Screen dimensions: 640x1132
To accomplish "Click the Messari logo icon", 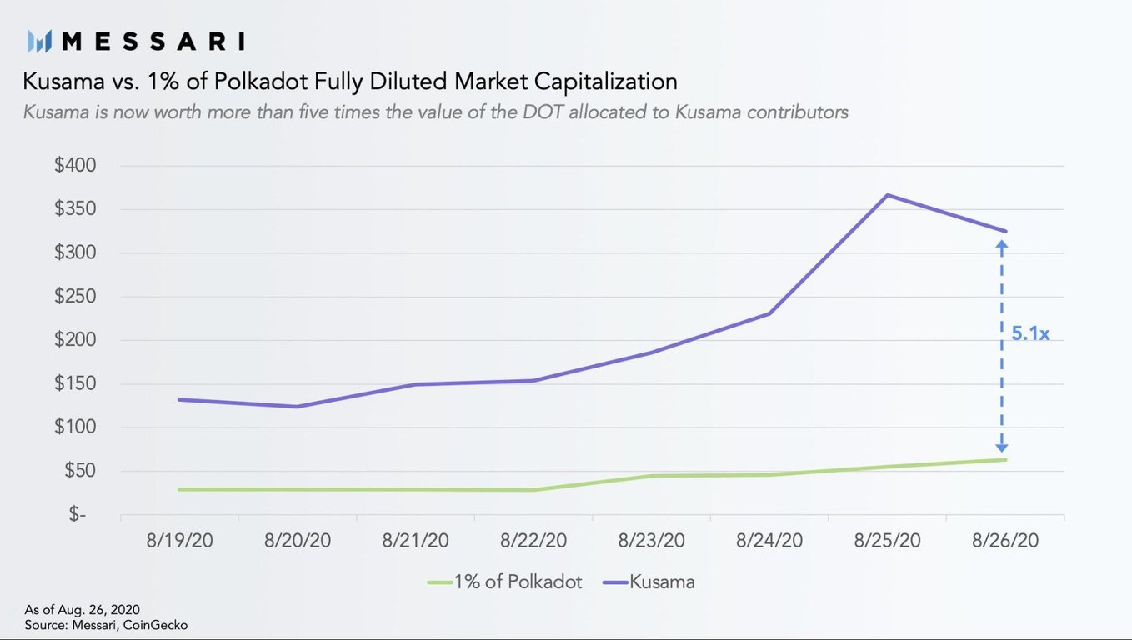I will coord(39,41).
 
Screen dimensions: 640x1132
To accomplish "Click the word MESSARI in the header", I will coord(153,41).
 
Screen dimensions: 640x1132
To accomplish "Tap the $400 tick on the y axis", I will coord(75,166).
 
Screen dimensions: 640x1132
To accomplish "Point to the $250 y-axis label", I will coord(75,297).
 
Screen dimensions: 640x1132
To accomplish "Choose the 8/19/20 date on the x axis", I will coord(179,540).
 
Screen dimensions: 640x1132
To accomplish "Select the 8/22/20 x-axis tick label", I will coord(533,540).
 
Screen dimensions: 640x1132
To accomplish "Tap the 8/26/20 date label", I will coord(1005,540).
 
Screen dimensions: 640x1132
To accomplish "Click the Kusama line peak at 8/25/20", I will coord(888,195).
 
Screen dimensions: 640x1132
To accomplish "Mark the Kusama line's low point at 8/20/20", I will coord(298,407).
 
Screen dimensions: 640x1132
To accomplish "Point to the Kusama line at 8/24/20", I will coord(769,313).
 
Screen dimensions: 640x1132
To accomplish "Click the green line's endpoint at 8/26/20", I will coord(1005,459).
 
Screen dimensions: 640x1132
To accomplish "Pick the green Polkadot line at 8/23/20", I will coord(652,476).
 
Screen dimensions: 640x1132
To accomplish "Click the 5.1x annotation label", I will coord(1030,333).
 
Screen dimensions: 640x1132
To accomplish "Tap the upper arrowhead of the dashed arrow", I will coord(1002,244).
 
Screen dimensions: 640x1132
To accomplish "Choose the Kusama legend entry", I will coord(662,582).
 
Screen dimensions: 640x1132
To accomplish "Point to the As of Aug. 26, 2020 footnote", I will coord(82,610).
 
